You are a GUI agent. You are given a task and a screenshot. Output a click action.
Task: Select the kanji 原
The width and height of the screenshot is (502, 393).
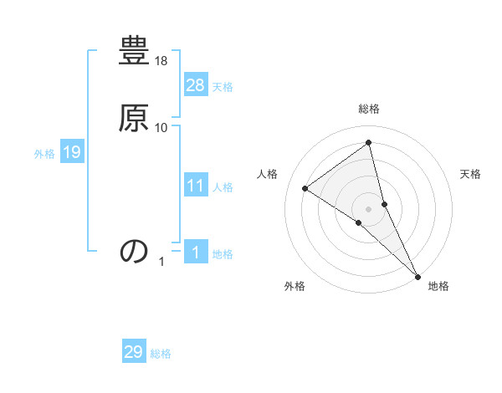point(135,119)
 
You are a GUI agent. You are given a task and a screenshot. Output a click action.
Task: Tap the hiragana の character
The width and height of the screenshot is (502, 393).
point(135,251)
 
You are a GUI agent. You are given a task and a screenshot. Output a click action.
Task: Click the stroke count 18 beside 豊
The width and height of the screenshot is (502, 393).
point(162,62)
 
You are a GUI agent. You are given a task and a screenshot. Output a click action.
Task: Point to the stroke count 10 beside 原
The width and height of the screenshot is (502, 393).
point(161,127)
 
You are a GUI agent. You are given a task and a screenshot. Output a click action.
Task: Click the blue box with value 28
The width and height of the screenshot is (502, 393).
point(196,84)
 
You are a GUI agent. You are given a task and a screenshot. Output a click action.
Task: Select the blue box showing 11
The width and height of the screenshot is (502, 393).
point(196,186)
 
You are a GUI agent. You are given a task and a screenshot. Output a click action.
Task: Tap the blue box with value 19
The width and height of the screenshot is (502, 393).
point(72,152)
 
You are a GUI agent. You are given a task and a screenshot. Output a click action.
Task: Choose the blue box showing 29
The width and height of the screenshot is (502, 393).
point(134,352)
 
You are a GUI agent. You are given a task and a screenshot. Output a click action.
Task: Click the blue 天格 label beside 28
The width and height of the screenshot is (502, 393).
point(223,87)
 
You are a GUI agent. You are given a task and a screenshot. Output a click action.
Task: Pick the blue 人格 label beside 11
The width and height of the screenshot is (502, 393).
point(223,187)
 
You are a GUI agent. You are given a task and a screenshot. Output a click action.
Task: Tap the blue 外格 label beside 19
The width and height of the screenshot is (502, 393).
point(44,154)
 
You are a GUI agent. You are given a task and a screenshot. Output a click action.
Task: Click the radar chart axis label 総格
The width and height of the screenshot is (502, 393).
point(369,110)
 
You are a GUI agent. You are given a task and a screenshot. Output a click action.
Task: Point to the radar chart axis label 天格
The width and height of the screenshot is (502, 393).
point(470,174)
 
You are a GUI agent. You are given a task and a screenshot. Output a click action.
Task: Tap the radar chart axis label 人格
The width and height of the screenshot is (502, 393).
point(267,174)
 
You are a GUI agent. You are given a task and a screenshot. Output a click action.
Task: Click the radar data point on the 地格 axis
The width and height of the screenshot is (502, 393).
point(417,275)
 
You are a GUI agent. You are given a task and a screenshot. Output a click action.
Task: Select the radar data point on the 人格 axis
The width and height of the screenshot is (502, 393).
point(305,188)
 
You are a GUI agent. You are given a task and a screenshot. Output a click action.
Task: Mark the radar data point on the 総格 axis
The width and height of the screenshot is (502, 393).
point(369,143)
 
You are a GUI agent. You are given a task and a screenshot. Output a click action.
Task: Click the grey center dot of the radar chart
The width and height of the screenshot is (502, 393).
point(369,208)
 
